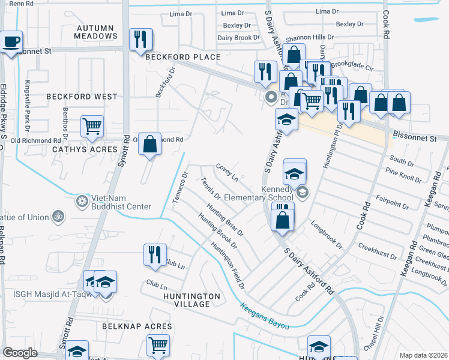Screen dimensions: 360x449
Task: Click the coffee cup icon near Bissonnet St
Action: (11, 42)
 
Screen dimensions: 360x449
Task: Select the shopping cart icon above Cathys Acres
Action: (92, 126)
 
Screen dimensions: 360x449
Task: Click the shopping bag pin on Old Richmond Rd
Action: (150, 144)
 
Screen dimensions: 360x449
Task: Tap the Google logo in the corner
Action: (20, 353)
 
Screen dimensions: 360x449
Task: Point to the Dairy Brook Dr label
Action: (239, 37)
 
